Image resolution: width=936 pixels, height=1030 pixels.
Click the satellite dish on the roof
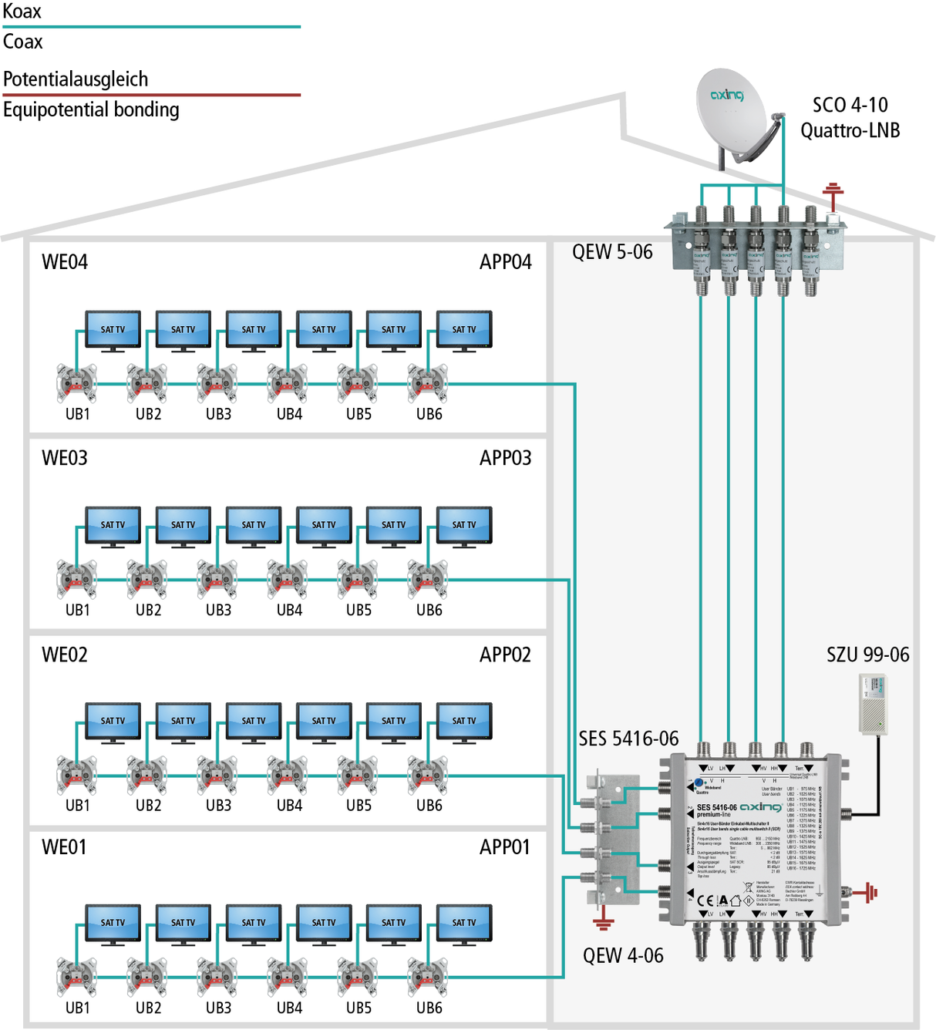(x=732, y=112)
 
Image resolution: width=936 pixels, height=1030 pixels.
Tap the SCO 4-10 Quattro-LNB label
(x=850, y=117)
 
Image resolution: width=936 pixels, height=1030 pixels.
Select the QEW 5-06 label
(x=612, y=252)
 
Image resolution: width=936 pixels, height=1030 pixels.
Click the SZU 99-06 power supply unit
(x=873, y=703)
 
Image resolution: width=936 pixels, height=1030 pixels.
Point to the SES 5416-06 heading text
(x=628, y=739)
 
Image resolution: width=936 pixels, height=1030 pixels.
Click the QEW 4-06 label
(x=623, y=956)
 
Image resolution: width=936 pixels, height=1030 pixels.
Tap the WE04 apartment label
(x=65, y=262)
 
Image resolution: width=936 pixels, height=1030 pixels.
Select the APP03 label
(x=506, y=458)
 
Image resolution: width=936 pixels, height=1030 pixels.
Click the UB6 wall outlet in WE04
(x=428, y=383)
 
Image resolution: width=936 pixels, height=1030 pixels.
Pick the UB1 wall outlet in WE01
(x=76, y=977)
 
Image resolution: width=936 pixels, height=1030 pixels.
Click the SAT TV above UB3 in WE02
(x=254, y=722)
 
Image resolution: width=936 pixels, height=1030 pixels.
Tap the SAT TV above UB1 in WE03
(x=113, y=526)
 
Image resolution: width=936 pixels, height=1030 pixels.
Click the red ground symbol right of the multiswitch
(x=869, y=893)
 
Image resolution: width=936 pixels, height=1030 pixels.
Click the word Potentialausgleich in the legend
(x=76, y=79)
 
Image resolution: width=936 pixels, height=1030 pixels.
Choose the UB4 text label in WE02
(x=289, y=806)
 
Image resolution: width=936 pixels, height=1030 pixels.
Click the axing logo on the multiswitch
(x=760, y=806)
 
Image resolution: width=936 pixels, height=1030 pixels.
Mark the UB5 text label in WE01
(x=359, y=1008)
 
